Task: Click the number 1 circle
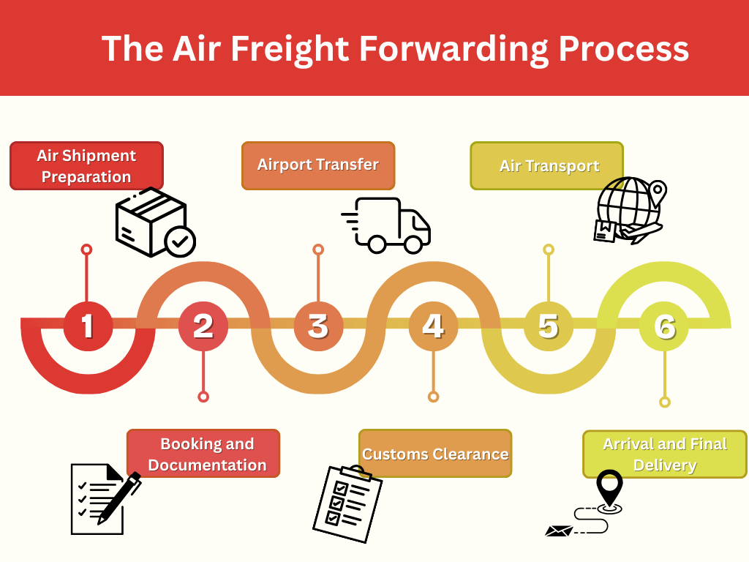tap(88, 326)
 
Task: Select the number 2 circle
tap(203, 326)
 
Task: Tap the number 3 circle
tap(318, 326)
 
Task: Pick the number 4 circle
tap(433, 326)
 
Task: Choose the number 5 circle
tap(548, 326)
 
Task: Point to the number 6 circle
tap(663, 326)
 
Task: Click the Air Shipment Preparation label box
tap(86, 166)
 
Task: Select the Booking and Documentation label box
tap(203, 454)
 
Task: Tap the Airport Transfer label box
tap(318, 165)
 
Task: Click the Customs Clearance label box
tap(435, 454)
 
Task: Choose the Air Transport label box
tap(547, 166)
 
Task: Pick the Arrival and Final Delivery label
tap(664, 454)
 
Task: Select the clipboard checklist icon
tap(342, 503)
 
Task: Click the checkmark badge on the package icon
tap(180, 241)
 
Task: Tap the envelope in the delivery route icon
tap(560, 531)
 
